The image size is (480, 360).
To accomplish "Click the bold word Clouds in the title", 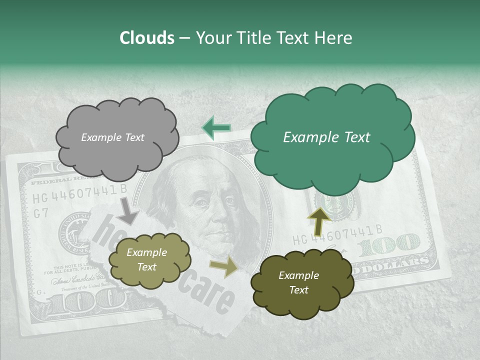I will (147, 38).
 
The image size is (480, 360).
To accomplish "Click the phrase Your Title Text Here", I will (273, 38).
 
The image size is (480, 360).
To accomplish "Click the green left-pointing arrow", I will (216, 127).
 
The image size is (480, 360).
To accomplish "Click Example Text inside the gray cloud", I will (112, 137).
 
